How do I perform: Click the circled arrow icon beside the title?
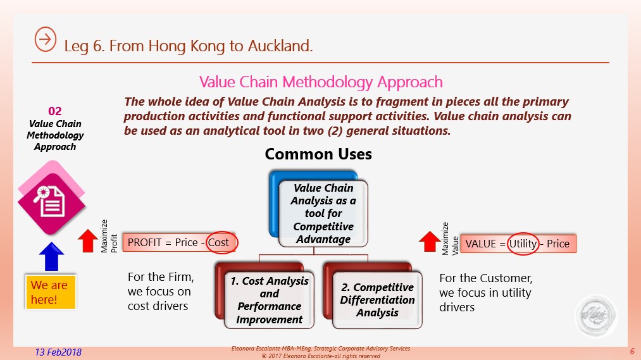(x=46, y=39)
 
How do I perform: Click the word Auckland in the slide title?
(x=280, y=46)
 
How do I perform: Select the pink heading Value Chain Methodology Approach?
(x=321, y=82)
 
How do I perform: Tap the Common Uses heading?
(x=318, y=154)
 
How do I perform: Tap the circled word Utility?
(x=523, y=244)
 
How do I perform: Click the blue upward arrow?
(x=51, y=256)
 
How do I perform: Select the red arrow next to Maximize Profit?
(x=87, y=240)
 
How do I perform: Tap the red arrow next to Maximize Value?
(x=429, y=242)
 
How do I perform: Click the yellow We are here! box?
(x=51, y=292)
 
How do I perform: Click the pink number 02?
(x=55, y=111)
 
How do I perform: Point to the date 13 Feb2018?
(x=58, y=352)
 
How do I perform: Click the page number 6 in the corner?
(x=632, y=351)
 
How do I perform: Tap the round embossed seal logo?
(x=596, y=316)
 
